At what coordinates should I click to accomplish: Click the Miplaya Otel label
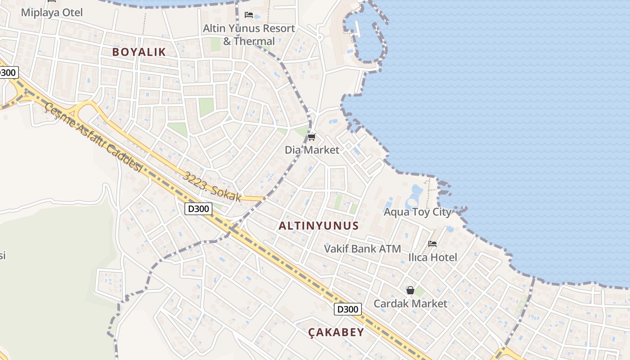[52, 12]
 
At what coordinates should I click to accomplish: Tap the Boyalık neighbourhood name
[139, 52]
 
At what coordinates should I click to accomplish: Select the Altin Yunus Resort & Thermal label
[249, 35]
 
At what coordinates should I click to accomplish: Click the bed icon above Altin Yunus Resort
[249, 15]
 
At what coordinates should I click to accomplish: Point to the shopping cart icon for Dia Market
[311, 137]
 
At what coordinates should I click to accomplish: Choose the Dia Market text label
[312, 150]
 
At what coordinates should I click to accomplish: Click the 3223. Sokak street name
[212, 185]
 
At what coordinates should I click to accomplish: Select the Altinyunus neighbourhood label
[319, 225]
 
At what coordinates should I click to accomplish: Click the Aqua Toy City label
[417, 212]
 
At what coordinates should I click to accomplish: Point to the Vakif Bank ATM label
[362, 248]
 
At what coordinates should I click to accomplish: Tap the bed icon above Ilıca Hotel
[432, 244]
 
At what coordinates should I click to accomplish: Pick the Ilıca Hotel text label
[432, 257]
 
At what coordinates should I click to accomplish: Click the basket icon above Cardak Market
[410, 291]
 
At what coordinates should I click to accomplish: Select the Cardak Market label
[410, 304]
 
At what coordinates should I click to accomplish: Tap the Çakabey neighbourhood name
[336, 333]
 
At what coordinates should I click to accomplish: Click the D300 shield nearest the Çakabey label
[348, 309]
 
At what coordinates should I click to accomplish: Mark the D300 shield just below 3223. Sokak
[198, 209]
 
